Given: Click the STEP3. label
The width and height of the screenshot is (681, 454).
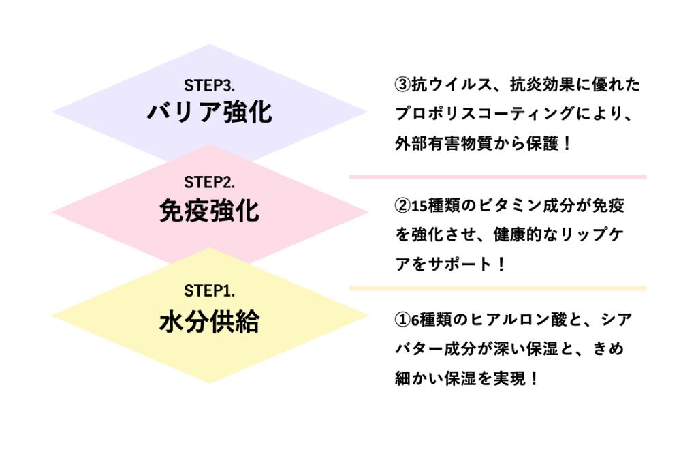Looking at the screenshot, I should click(209, 86).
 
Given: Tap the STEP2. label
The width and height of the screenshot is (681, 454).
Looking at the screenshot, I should click(209, 183).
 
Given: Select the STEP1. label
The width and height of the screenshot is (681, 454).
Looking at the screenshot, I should click(209, 291).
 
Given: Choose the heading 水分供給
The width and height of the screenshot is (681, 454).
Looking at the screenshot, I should click(209, 320).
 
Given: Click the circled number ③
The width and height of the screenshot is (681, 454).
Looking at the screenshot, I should click(402, 85).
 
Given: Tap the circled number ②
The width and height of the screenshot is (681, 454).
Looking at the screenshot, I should click(402, 205).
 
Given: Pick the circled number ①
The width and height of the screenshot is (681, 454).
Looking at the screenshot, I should click(402, 319).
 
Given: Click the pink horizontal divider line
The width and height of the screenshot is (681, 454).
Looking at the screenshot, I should click(497, 177).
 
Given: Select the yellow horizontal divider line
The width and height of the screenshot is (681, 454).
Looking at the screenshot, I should click(497, 288).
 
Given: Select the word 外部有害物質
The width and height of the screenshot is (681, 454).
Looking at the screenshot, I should click(436, 145).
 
